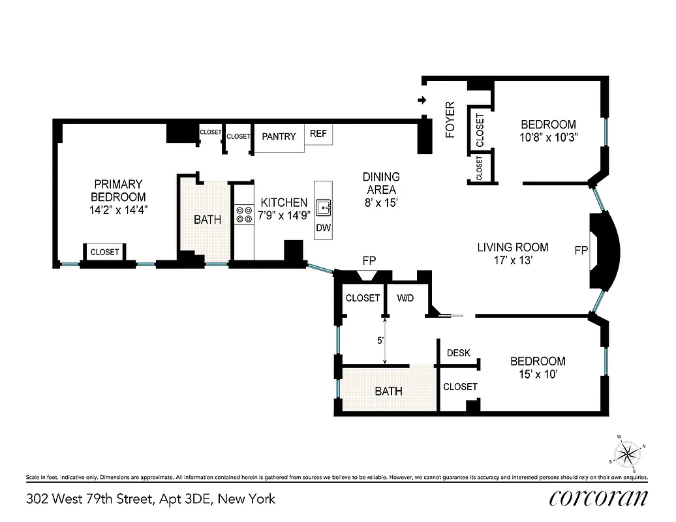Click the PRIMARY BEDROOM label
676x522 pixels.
118,191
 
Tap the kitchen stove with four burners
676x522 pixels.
244,215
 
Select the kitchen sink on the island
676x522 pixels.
324,208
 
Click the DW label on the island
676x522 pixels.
323,228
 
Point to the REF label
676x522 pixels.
318,134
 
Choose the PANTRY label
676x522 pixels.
279,136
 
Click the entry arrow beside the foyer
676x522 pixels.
422,100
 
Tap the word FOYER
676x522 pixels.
450,120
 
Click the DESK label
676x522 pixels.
459,353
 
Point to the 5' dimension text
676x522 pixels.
380,340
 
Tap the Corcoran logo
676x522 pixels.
598,499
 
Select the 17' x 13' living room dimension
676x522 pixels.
512,260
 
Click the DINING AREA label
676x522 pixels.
381,183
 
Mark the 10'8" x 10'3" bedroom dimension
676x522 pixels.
548,138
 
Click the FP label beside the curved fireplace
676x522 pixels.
581,250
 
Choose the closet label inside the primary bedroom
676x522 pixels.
104,252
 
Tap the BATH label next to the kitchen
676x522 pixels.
207,220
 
